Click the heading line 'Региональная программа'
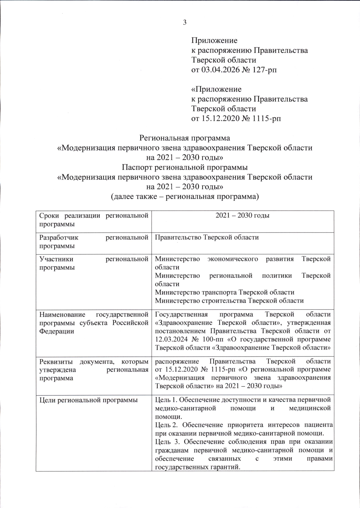pyautogui.click(x=185, y=138)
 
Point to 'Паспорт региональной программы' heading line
pyautogui.click(x=185, y=167)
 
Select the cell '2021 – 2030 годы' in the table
pyautogui.click(x=242, y=216)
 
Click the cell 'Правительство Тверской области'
pyautogui.click(x=207, y=238)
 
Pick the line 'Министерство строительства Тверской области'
pyautogui.click(x=229, y=300)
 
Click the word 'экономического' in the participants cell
pyautogui.click(x=232, y=259)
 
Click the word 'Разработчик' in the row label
pyautogui.click(x=59, y=238)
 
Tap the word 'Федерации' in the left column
pyautogui.click(x=56, y=331)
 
